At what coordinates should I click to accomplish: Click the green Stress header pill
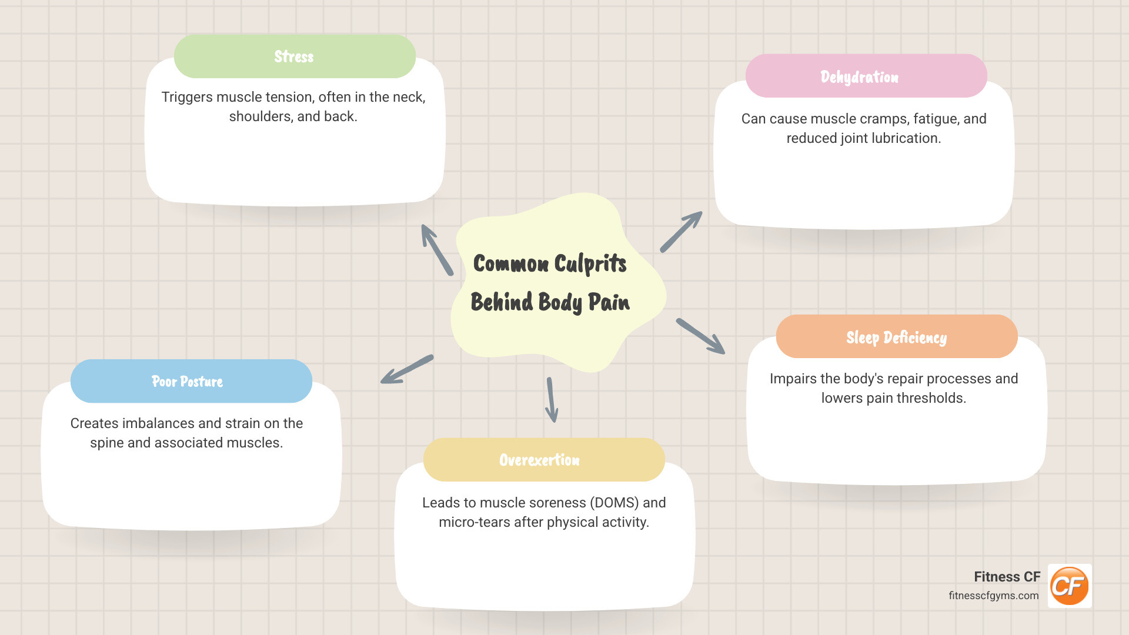[295, 56]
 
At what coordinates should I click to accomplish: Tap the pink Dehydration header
[866, 76]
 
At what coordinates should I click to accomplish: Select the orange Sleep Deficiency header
[897, 337]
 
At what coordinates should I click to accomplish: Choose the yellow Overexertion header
[544, 460]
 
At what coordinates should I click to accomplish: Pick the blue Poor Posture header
[191, 382]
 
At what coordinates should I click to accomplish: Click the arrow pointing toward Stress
[437, 250]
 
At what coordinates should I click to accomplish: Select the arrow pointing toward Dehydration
[681, 232]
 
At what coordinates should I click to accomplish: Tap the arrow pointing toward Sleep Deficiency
[700, 336]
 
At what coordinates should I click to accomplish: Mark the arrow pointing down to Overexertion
[552, 400]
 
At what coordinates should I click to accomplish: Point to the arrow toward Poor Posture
[407, 369]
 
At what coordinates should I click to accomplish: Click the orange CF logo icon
[1070, 586]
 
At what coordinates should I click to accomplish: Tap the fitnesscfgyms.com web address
[993, 596]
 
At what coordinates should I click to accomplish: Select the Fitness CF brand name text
[1007, 577]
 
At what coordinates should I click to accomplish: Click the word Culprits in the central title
[590, 264]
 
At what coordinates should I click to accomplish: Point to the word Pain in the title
[609, 302]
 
